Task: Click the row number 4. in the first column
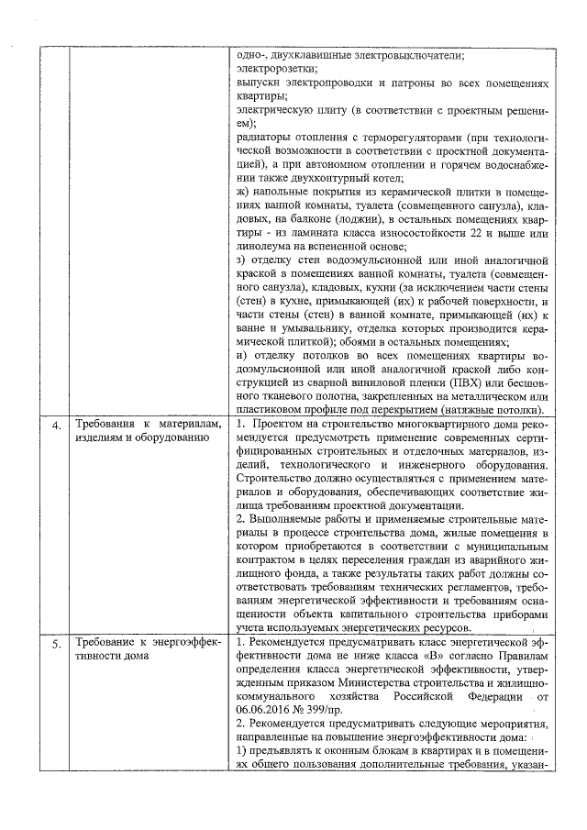click(56, 426)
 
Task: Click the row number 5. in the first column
click(56, 643)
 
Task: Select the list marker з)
click(242, 260)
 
